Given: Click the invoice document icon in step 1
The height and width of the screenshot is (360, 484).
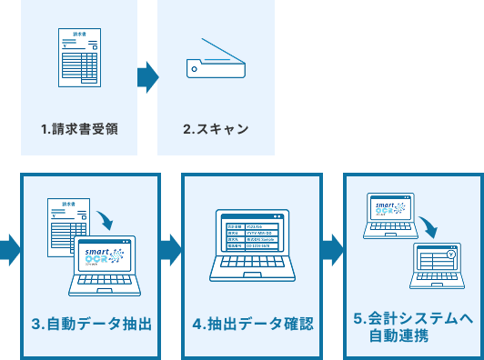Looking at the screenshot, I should (79, 56).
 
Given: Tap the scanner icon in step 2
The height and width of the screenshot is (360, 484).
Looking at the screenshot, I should (216, 60).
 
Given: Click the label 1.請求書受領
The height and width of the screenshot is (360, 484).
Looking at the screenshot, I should (79, 128).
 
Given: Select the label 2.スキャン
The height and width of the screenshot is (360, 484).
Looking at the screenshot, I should (216, 128).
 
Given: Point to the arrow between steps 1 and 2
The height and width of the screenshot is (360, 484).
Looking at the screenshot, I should (147, 77).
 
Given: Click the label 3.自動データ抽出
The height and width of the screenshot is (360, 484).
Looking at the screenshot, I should (91, 324).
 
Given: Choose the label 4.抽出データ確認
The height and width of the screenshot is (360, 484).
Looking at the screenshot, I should (252, 324).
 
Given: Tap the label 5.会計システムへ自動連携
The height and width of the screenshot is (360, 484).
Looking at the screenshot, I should (413, 326).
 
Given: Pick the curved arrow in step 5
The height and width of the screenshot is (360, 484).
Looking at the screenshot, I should (425, 225).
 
